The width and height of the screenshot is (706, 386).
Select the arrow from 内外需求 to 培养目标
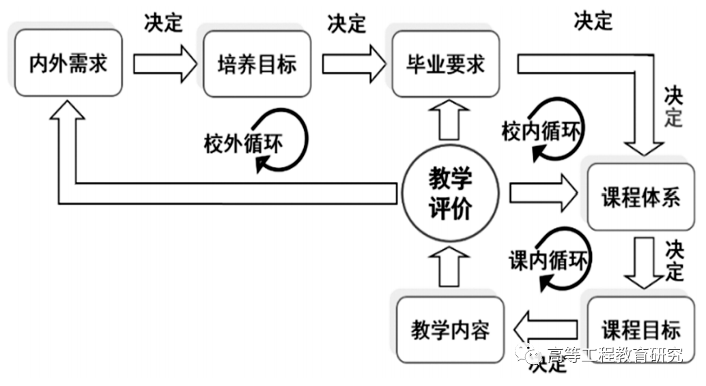[165, 63]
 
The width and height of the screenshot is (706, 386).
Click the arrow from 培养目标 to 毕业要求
[352, 63]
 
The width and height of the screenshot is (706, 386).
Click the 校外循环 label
[243, 144]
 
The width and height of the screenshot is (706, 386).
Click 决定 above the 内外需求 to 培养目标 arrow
[163, 23]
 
